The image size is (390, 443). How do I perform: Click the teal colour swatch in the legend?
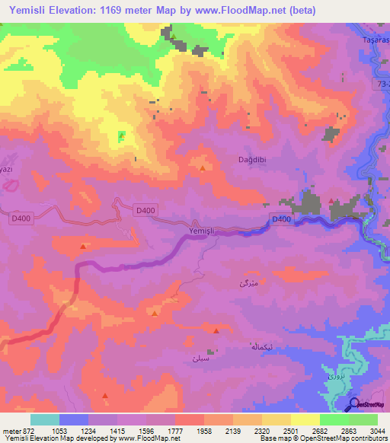click(x=45, y=419)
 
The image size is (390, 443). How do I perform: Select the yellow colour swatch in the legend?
click(x=305, y=419)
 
